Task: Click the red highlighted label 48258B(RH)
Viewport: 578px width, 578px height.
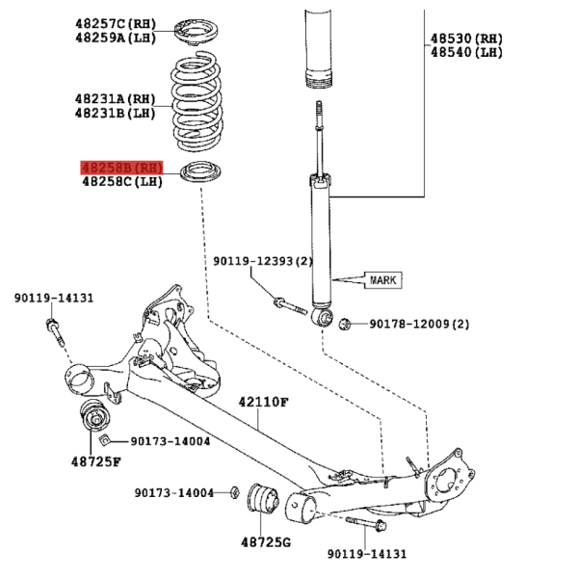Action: coord(122,168)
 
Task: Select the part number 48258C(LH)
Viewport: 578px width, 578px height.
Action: coord(122,181)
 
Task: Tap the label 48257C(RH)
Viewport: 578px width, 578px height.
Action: coord(116,24)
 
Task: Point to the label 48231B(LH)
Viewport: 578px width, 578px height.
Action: coord(116,113)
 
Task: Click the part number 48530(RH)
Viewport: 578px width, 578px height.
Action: coord(466,39)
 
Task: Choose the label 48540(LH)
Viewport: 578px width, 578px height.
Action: coord(466,52)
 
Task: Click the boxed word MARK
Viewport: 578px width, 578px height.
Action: coord(383,280)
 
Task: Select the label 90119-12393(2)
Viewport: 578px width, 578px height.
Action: coord(263,261)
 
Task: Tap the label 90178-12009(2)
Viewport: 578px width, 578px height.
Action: coord(419,324)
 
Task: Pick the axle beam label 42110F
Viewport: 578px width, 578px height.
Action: coord(263,402)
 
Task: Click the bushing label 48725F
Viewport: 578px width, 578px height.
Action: coord(95,461)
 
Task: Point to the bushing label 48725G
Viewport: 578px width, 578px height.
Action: coord(266,542)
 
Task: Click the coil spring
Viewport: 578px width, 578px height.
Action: coord(197,101)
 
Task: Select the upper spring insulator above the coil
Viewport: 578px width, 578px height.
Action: coord(196,32)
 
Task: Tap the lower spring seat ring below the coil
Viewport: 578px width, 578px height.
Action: coord(201,171)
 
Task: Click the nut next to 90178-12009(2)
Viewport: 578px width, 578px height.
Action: coord(345,324)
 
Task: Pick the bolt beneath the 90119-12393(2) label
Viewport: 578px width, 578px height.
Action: coord(290,306)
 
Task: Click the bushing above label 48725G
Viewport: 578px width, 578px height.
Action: coord(263,498)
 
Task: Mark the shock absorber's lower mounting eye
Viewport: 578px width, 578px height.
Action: coord(323,318)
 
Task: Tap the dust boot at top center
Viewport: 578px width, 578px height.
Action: coord(319,48)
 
